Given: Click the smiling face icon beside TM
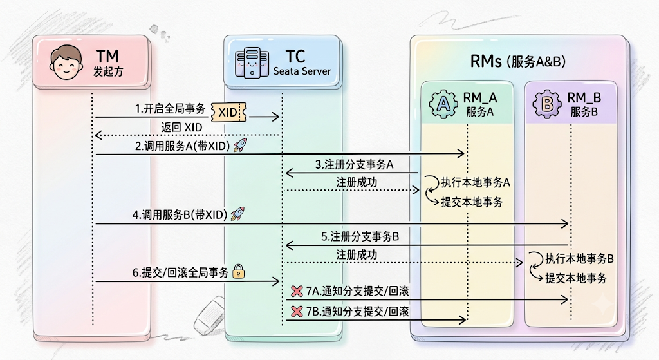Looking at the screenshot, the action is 66,62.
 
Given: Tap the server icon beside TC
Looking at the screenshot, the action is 252,62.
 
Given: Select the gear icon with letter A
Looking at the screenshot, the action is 443,104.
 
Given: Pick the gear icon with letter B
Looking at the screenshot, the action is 547,104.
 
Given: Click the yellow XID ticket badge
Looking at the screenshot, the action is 228,112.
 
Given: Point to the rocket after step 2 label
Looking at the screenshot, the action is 241,145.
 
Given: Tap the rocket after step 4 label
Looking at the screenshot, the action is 237,214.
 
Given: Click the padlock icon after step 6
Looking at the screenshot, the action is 238,272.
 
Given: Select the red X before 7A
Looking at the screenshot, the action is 297,290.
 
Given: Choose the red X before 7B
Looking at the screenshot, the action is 297,311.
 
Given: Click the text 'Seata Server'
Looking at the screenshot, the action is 302,71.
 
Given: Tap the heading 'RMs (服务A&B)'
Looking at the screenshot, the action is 518,62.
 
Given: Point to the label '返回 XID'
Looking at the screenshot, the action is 181,127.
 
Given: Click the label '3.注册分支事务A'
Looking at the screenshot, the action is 355,164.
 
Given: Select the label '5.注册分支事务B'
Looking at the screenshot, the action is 360,237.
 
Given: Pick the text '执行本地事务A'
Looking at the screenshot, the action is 476,182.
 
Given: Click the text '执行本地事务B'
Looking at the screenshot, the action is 580,259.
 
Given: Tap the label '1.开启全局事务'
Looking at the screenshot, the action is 170,109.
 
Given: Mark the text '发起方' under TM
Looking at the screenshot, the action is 108,71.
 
